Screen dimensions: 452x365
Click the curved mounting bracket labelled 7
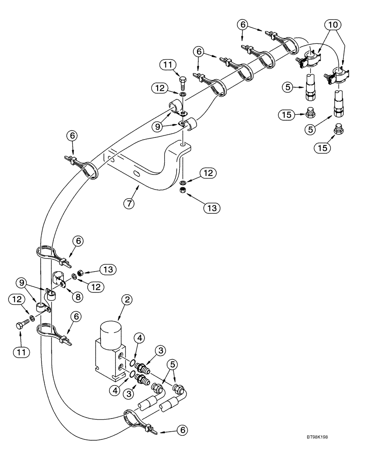click(149, 169)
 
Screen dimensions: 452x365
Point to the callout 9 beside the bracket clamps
click(157, 127)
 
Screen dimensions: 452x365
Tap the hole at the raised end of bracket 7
click(182, 146)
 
